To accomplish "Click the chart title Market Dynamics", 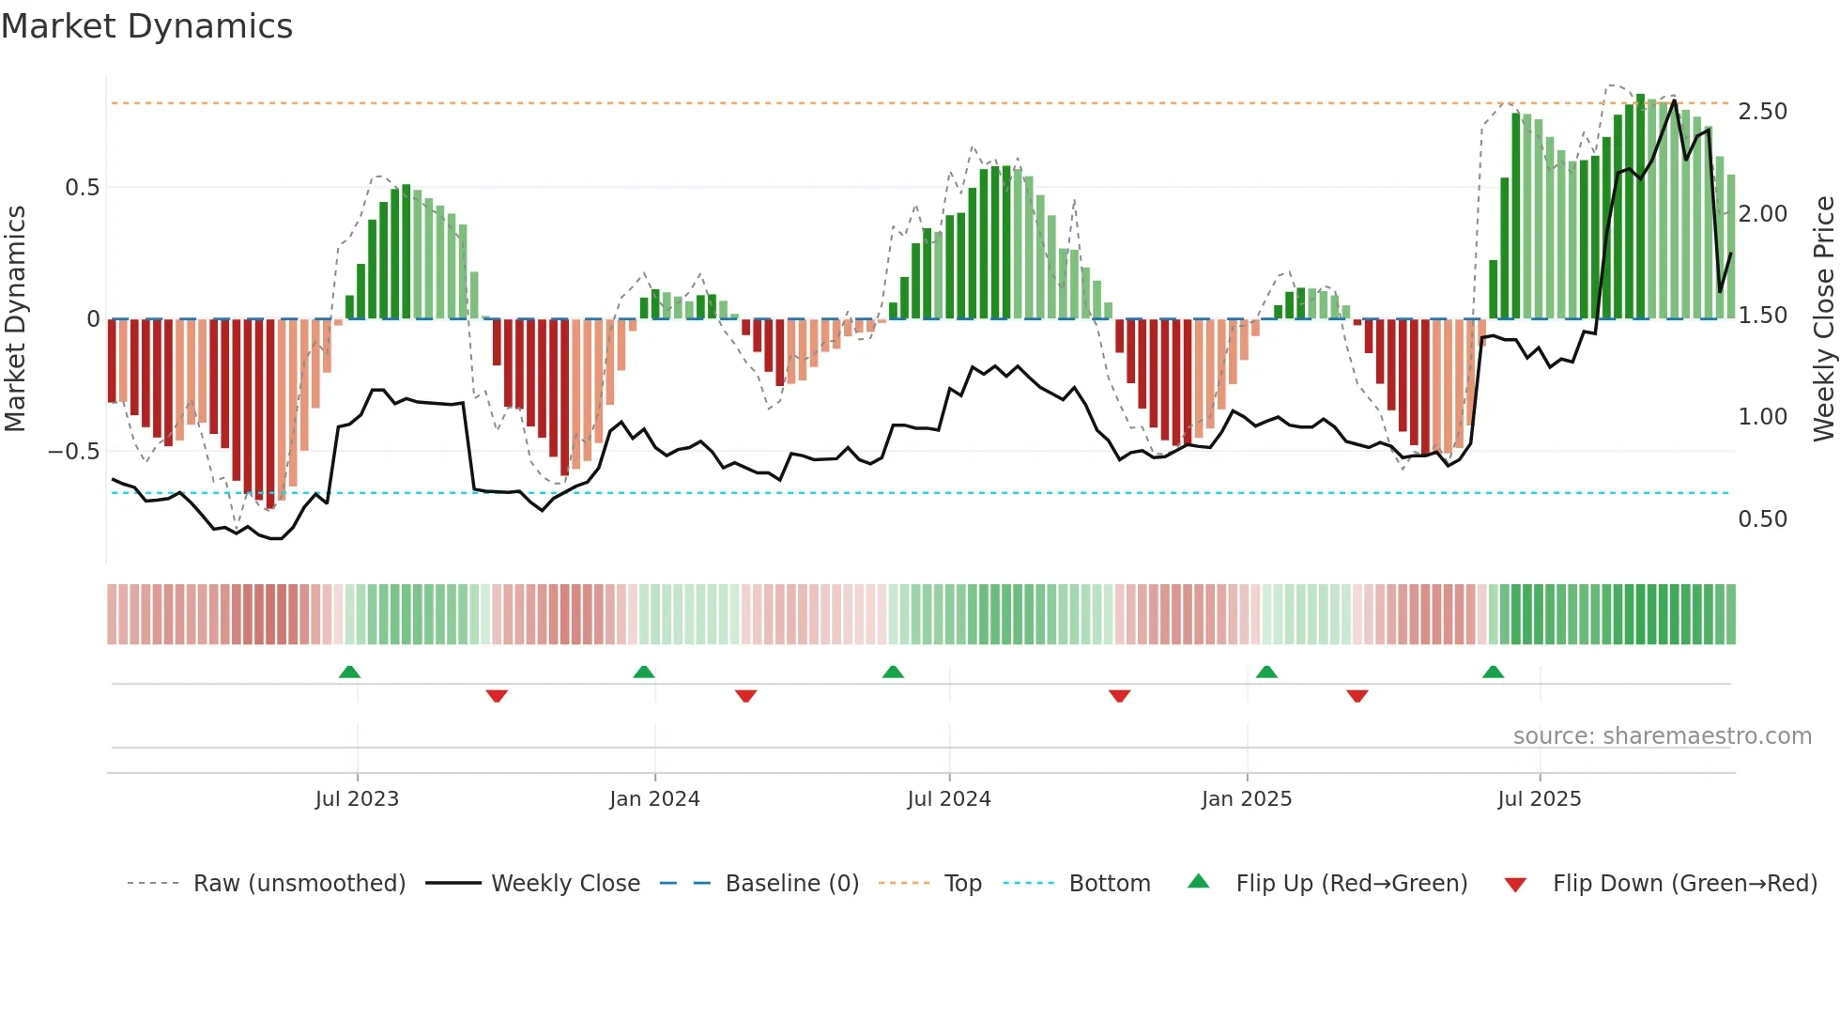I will click(x=146, y=26).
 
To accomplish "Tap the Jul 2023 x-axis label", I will click(x=357, y=799).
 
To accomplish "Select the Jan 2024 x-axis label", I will click(x=654, y=799).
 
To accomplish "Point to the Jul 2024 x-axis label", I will click(x=948, y=799).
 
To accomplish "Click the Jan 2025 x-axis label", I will click(x=1246, y=799).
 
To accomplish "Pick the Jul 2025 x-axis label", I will click(x=1539, y=799).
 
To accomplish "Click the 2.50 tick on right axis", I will click(x=1762, y=112).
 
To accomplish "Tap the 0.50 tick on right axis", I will click(x=1762, y=519).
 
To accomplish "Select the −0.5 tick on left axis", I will click(x=74, y=452).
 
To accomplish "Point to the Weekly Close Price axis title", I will click(x=1823, y=318).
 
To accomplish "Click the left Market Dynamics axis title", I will click(x=15, y=318).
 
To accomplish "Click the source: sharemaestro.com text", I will click(x=1662, y=736).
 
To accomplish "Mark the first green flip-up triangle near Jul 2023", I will click(x=349, y=672).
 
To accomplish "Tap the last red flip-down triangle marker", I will click(x=1357, y=696).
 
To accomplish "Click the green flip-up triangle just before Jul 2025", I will click(x=1493, y=672).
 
